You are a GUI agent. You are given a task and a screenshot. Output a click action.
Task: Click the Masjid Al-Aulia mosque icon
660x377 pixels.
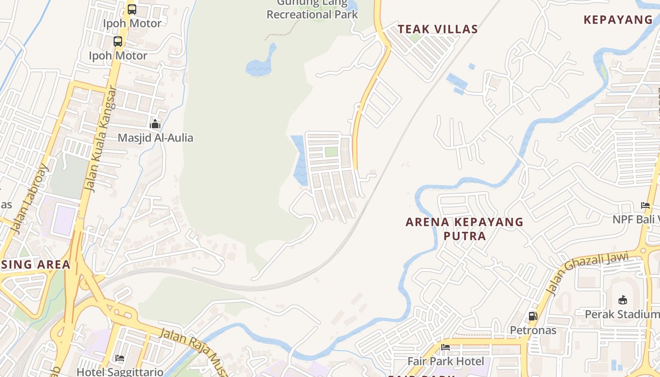click(x=155, y=124)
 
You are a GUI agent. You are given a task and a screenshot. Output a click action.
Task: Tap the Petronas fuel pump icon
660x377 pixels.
click(x=533, y=316)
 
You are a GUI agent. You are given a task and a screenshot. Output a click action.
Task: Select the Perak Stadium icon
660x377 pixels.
click(x=622, y=300)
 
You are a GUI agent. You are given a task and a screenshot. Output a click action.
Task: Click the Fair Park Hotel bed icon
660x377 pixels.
click(x=445, y=348)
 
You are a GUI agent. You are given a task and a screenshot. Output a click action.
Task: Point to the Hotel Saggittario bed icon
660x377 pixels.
click(x=120, y=358)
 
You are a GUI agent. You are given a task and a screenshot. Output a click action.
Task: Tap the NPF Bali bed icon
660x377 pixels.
click(x=645, y=205)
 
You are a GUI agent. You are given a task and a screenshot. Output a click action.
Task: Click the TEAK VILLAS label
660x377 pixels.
click(x=438, y=29)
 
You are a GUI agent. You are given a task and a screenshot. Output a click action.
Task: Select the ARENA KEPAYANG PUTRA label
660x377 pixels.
click(x=464, y=229)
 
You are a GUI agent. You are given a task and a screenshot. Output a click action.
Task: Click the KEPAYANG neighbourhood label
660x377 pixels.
click(x=618, y=20)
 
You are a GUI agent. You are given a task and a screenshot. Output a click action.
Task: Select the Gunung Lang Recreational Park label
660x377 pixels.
click(x=312, y=9)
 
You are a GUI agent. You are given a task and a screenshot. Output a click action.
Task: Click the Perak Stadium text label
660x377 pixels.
click(x=622, y=314)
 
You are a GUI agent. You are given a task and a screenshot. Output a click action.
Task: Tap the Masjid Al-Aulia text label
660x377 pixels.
click(x=155, y=138)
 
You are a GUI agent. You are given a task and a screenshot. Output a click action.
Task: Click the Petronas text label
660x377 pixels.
click(x=533, y=330)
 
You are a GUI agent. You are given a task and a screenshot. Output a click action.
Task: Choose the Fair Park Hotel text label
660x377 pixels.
click(x=445, y=361)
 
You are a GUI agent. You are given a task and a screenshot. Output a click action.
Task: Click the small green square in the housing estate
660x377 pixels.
click(x=331, y=152)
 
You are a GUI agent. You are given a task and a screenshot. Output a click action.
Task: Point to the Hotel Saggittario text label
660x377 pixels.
click(x=120, y=372)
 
